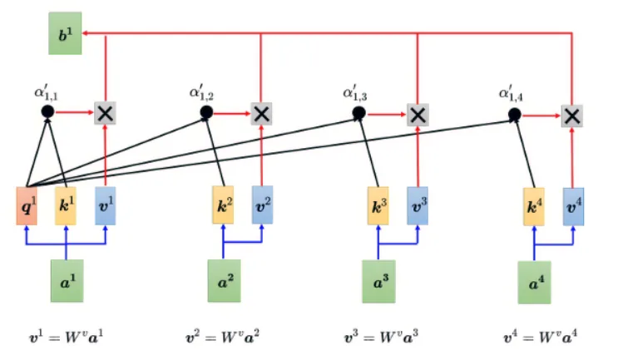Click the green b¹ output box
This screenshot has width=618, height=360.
[65, 33]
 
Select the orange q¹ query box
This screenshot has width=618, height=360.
[27, 206]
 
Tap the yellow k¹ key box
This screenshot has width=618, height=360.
[66, 206]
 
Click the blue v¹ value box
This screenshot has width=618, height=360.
[106, 206]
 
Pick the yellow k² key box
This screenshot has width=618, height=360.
[223, 205]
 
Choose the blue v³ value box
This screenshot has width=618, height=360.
[418, 206]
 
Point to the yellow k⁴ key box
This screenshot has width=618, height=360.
[534, 207]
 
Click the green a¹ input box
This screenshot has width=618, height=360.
[67, 281]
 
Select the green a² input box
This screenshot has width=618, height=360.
[225, 281]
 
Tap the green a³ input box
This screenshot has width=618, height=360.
[378, 282]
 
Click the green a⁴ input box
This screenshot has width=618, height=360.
[535, 283]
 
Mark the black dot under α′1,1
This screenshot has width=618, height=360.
[47, 111]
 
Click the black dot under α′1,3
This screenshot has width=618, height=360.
[358, 113]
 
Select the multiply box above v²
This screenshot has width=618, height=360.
[262, 114]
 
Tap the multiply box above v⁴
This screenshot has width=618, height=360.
[572, 116]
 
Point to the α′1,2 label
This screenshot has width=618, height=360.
[201, 92]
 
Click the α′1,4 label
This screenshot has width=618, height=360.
[512, 94]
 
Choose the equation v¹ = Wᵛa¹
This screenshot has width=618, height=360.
[67, 338]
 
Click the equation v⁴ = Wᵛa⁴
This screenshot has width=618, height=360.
[541, 338]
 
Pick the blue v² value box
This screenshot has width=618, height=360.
[263, 205]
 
